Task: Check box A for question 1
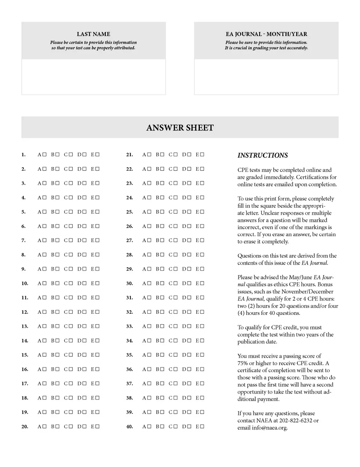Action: [45, 154]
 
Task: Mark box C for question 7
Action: [71, 240]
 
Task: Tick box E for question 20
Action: [97, 427]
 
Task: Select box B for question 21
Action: [162, 154]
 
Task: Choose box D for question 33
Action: [189, 326]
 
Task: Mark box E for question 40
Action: [202, 427]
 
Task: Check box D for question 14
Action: [84, 341]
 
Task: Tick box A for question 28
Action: [149, 255]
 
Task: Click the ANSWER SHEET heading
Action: [180, 128]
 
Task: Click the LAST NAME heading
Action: [93, 34]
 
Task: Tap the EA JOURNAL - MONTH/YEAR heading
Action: [266, 34]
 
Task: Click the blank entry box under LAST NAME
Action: [93, 77]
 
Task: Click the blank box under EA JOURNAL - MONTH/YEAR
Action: [266, 77]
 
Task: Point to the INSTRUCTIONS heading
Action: [262, 155]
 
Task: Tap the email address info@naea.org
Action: [270, 428]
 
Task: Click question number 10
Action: [25, 283]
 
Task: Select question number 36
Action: [129, 370]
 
